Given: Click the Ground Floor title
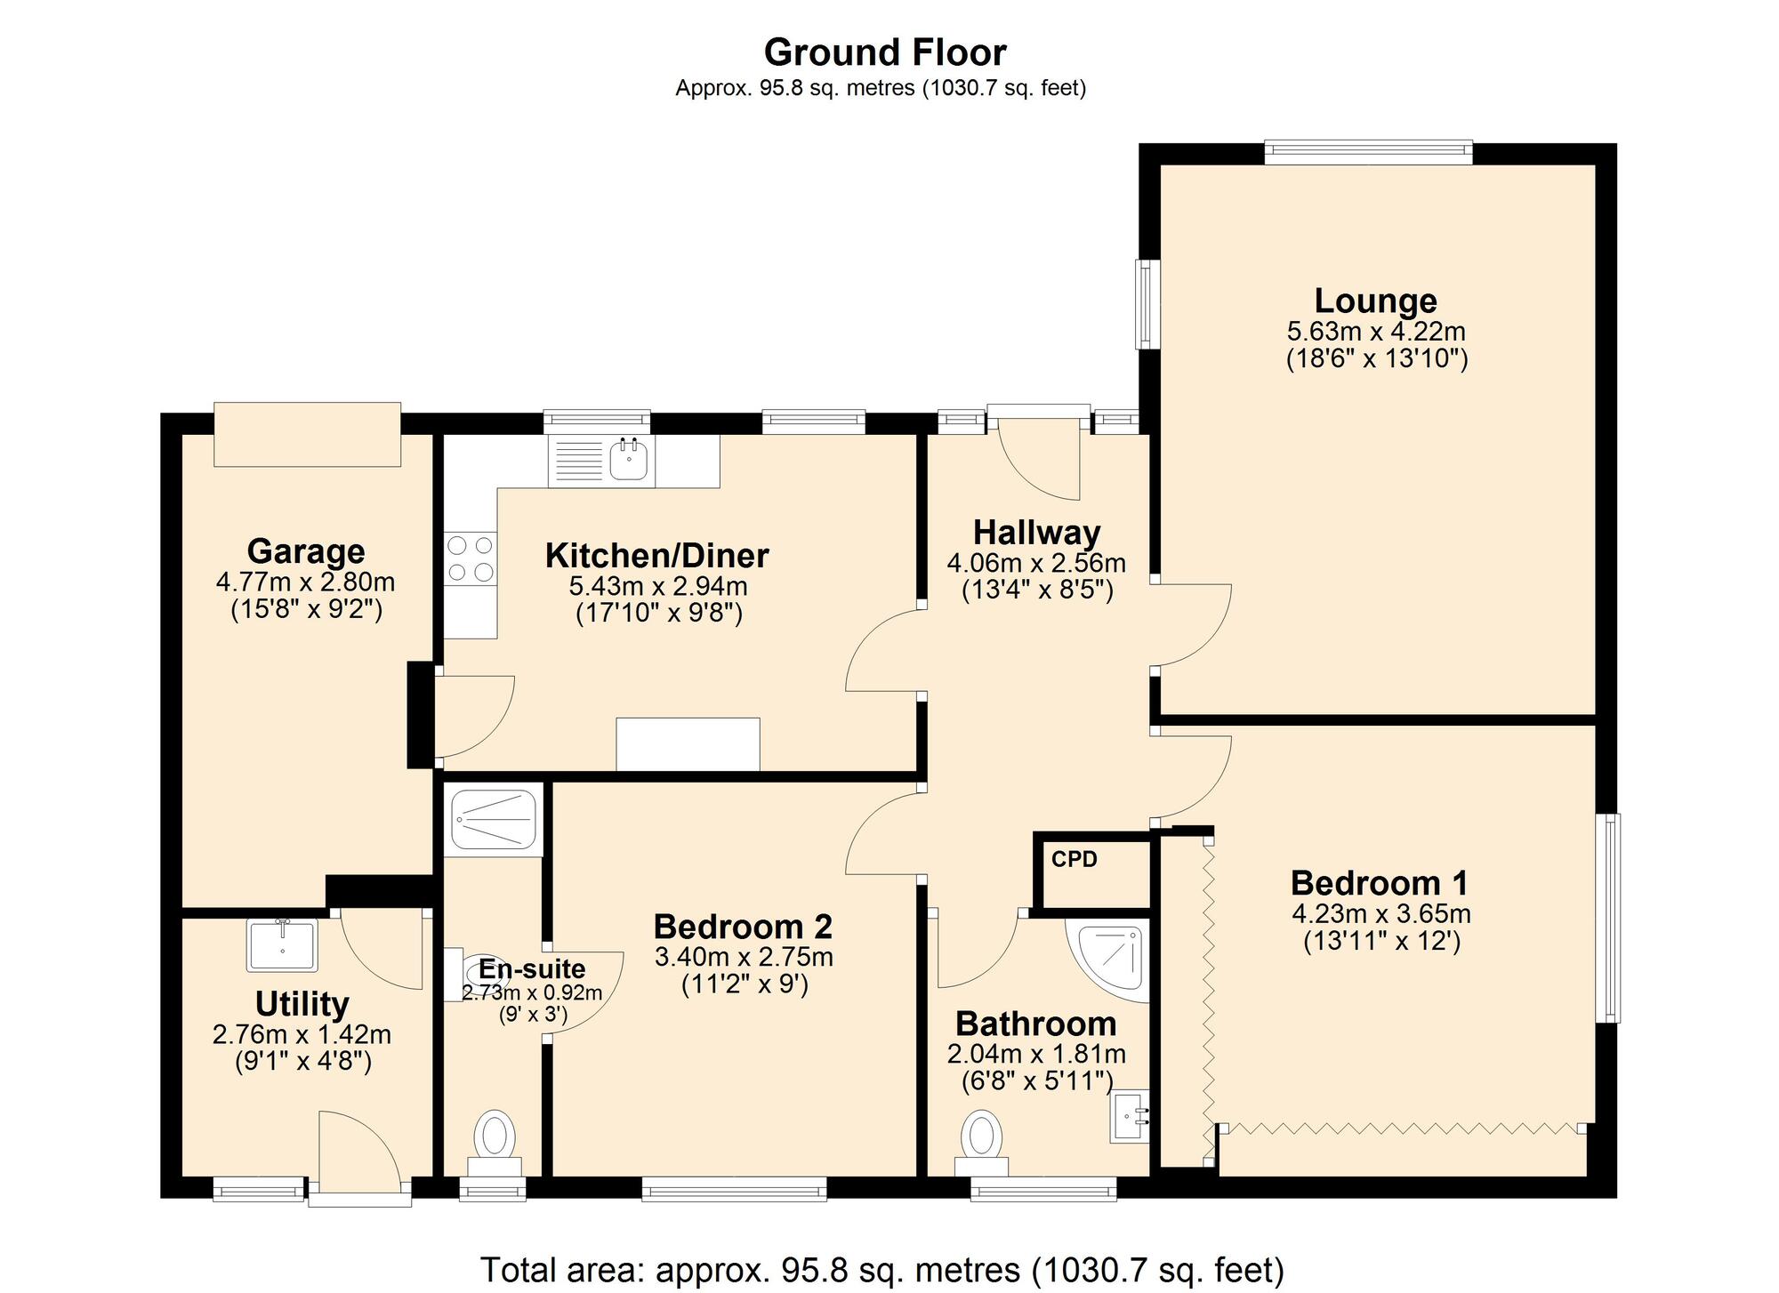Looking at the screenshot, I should [x=884, y=52].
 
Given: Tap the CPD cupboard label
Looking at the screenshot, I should [x=1074, y=860].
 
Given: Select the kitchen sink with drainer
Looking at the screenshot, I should [x=602, y=461].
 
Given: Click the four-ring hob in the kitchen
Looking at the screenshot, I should [x=470, y=558].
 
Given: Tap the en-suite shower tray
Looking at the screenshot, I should [x=493, y=819].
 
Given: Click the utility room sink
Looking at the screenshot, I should [x=282, y=945].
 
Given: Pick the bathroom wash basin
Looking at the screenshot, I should [x=1131, y=1116].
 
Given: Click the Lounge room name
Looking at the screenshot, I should [x=1375, y=301].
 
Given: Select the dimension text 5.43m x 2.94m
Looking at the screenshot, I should [x=657, y=586].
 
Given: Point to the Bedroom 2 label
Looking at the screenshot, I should [x=743, y=927].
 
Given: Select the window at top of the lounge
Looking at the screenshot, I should [x=1368, y=152].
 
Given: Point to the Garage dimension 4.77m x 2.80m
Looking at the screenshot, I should [x=305, y=582].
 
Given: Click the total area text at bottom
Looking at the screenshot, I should [x=881, y=1269].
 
